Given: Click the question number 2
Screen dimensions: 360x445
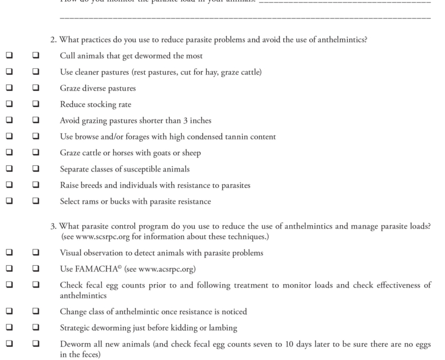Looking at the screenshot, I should point(53,39).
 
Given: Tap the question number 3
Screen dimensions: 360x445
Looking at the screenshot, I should point(53,226).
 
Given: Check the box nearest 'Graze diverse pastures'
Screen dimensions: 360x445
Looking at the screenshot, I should point(36,88).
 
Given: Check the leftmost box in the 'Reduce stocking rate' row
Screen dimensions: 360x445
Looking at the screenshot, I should point(9,105).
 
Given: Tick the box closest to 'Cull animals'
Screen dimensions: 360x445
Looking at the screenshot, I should point(36,56).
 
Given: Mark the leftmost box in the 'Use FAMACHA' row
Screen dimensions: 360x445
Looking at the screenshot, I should point(9,269).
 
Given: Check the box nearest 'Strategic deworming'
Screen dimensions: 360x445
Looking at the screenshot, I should point(36,328).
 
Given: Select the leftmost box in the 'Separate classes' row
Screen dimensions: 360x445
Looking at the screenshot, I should point(9,169).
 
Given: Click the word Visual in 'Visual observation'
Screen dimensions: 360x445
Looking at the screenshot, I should point(71,253).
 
